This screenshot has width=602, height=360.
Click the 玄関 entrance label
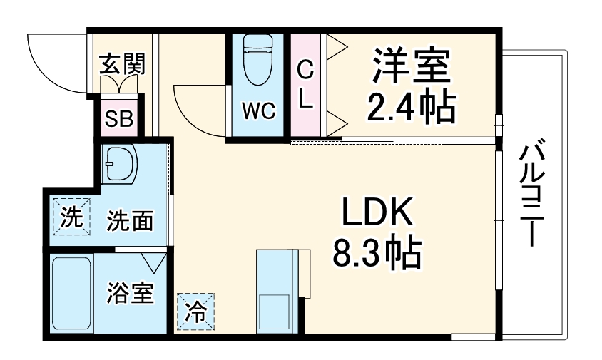click(123, 63)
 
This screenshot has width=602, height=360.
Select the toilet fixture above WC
click(258, 59)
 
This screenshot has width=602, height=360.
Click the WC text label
click(258, 110)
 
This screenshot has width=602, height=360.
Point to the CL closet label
click(305, 86)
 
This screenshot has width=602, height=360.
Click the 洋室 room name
click(411, 66)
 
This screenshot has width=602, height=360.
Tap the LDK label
click(377, 212)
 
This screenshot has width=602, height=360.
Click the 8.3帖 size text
click(377, 253)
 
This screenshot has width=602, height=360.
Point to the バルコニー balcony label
click(531, 195)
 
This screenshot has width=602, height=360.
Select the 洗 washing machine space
click(71, 217)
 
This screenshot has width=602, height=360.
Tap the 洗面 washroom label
click(130, 220)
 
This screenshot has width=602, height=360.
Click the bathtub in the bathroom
click(71, 293)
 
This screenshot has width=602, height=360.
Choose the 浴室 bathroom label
click(130, 293)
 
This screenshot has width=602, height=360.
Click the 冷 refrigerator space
click(196, 312)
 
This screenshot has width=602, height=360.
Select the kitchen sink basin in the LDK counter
click(275, 312)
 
